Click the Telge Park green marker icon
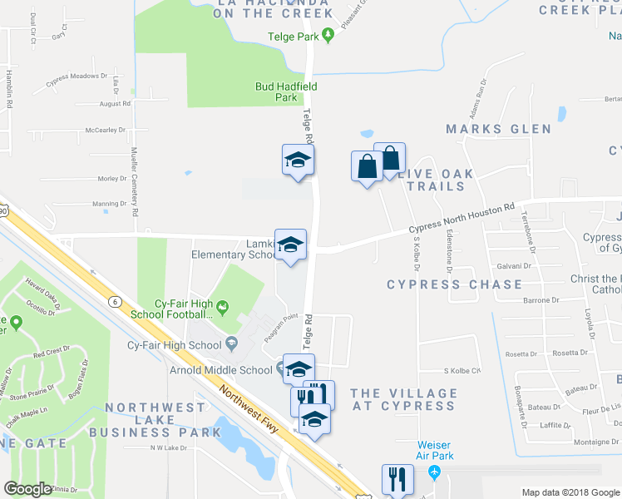pos(328,35)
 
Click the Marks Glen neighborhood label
pos(498,129)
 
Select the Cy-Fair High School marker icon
pos(231,344)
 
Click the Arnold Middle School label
pos(220,370)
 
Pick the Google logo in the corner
pos(27,489)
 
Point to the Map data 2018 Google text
pos(570,492)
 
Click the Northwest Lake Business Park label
pos(148,420)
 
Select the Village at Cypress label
pos(403,399)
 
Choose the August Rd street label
pos(115,104)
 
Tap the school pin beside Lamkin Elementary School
pos(290,245)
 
